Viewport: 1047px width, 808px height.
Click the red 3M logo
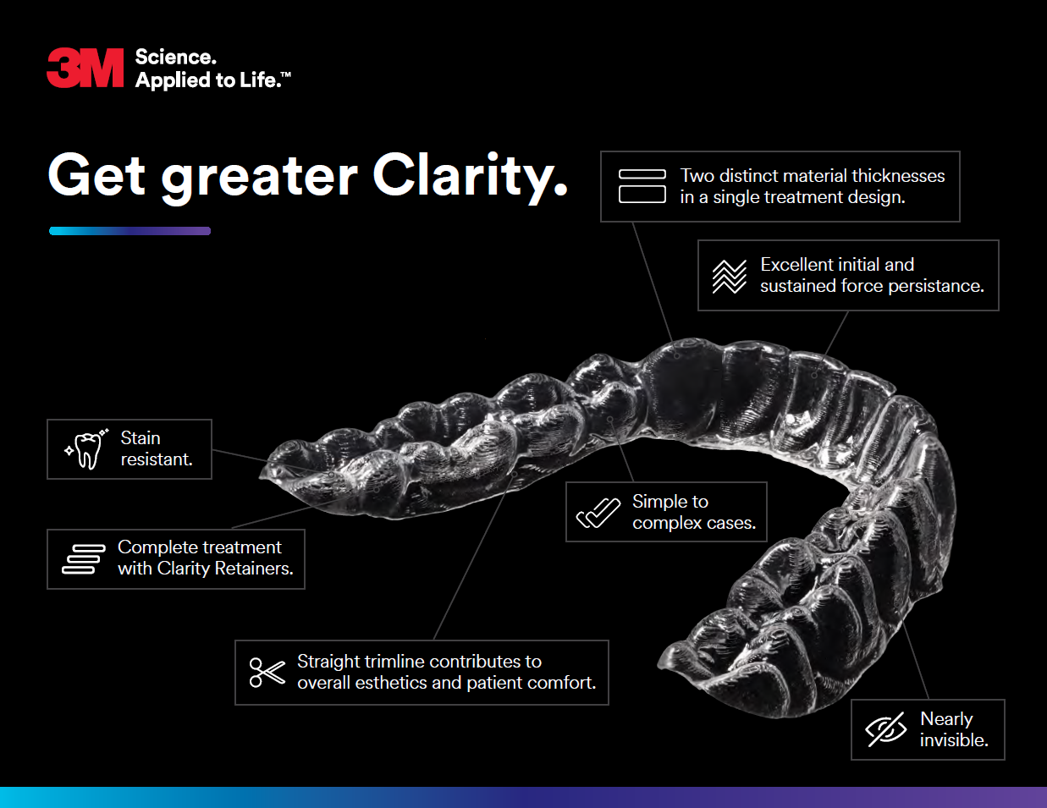click(85, 68)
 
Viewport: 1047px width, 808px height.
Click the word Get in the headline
click(96, 174)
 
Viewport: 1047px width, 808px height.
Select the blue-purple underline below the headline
click(130, 231)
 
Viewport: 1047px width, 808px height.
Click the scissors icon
click(267, 673)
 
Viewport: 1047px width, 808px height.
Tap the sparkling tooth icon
click(86, 448)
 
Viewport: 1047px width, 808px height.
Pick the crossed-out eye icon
click(885, 729)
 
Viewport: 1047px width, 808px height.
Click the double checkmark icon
click(598, 513)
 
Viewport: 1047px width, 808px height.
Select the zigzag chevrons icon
click(730, 276)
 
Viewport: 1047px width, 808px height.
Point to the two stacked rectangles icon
click(642, 186)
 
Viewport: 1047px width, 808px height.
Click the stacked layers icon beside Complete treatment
click(84, 559)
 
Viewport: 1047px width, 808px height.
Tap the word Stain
click(141, 437)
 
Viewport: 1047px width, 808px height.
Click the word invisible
click(954, 740)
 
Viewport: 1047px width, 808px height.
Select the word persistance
click(936, 286)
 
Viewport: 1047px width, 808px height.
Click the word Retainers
click(254, 569)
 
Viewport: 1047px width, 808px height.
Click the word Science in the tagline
click(176, 58)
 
